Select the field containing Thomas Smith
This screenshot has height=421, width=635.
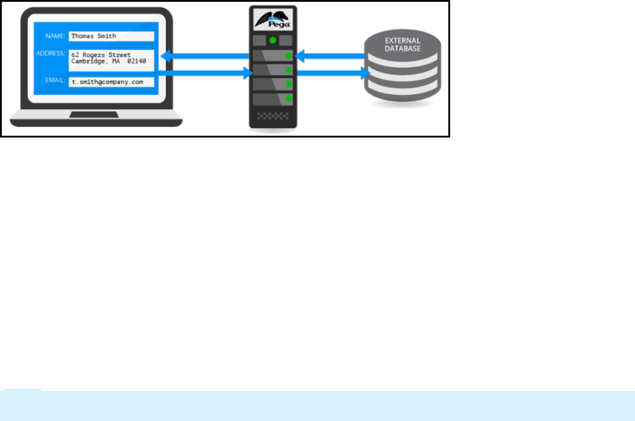coord(111,36)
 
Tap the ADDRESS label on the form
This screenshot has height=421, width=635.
coord(50,53)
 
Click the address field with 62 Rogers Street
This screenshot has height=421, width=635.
coord(111,58)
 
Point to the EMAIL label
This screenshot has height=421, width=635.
coord(55,80)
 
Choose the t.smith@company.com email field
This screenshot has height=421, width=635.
coord(111,81)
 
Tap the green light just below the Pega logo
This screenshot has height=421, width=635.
coord(273,41)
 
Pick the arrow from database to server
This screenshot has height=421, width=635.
coord(330,56)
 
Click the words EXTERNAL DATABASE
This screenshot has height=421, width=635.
coord(402,45)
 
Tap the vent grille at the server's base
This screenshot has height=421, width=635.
coord(273,115)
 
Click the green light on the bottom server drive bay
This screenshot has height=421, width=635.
coord(289,98)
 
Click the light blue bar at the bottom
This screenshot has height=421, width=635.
coord(317,405)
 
